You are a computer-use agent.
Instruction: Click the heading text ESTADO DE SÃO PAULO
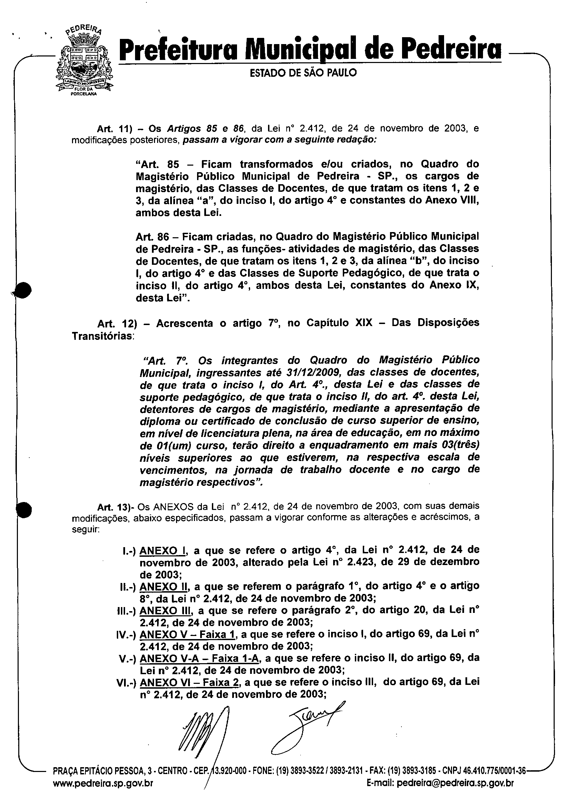pyautogui.click(x=303, y=73)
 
